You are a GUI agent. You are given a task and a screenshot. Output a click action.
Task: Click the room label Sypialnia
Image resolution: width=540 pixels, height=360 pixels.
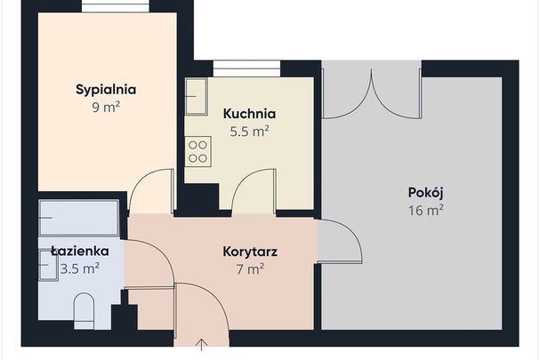[105, 89]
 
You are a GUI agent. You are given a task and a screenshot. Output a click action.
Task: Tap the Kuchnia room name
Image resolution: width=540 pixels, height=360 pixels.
[249, 114]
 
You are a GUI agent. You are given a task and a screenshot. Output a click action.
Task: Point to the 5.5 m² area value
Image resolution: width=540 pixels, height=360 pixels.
[249, 131]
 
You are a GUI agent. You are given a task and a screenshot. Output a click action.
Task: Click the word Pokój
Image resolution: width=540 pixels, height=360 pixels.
[425, 193]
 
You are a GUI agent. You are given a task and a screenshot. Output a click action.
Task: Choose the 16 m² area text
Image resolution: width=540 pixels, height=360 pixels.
[425, 211]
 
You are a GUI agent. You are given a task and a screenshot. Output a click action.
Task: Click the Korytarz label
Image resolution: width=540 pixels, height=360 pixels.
[250, 252]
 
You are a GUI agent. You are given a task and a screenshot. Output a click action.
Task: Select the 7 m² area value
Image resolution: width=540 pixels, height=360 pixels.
[250, 268]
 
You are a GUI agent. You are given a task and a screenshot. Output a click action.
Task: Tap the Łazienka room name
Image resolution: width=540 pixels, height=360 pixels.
[79, 252]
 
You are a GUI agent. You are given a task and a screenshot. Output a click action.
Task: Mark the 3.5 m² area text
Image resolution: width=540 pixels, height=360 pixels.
[79, 269]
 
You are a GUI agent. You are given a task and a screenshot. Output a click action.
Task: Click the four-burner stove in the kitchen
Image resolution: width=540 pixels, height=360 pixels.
[197, 150]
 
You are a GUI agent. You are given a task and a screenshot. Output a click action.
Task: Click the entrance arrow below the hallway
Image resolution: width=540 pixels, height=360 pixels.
[202, 345]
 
